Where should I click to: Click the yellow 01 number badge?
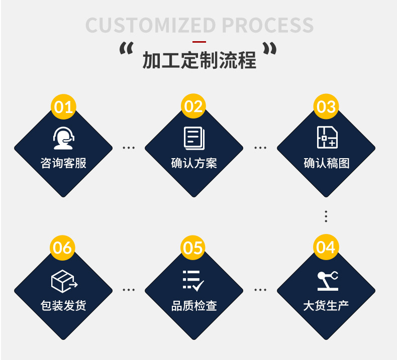(x=64, y=106)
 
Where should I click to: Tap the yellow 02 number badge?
(x=193, y=106)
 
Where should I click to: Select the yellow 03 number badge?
(x=326, y=106)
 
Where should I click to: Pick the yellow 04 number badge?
(x=326, y=247)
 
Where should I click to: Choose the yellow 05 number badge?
(x=193, y=248)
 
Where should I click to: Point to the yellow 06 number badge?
(x=63, y=248)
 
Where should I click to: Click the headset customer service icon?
(x=64, y=138)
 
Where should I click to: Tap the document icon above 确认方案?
(x=193, y=138)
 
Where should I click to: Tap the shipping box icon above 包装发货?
(x=64, y=281)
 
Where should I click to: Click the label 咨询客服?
(x=63, y=163)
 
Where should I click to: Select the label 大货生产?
(x=326, y=305)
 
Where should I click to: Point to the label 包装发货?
(x=63, y=305)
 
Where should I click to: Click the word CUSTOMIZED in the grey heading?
(x=151, y=25)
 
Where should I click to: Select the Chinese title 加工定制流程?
(x=200, y=60)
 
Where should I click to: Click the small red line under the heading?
(x=200, y=42)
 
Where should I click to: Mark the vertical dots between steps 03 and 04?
(x=326, y=216)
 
